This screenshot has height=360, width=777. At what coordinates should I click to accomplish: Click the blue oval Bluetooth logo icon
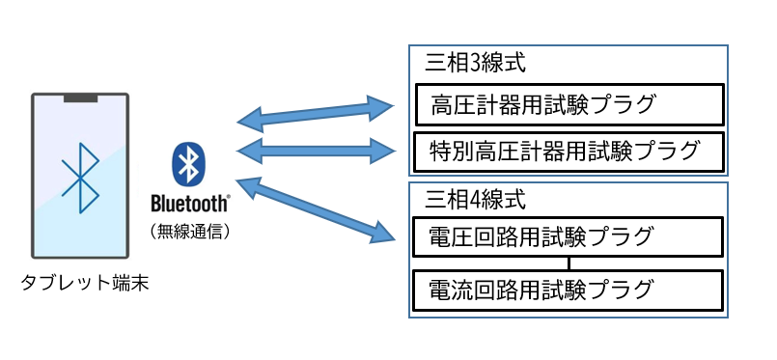(x=190, y=164)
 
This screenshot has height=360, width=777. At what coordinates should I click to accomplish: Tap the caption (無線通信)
(x=190, y=232)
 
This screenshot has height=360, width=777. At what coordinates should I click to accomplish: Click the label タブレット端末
(x=85, y=284)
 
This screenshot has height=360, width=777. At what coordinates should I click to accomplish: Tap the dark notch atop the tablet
(x=81, y=97)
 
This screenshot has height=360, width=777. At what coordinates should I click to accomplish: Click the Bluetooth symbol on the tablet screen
(x=81, y=178)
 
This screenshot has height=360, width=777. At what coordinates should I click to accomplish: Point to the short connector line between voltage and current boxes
(x=569, y=263)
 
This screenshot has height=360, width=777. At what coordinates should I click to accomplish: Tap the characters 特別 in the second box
(x=448, y=151)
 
